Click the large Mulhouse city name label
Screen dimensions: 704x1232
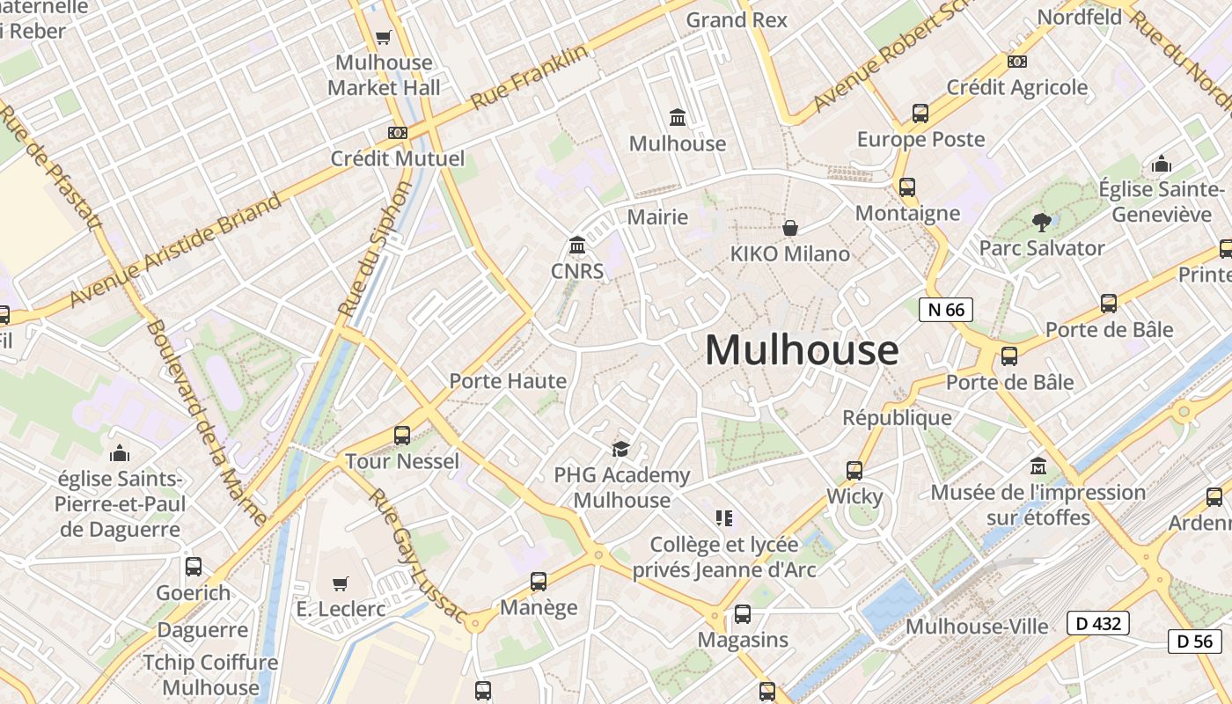coord(802,349)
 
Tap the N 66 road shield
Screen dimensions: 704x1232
coord(946,309)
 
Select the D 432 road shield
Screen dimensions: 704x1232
coord(1097,623)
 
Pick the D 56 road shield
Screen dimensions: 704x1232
coord(1195,641)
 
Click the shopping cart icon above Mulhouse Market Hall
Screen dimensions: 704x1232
coord(383,37)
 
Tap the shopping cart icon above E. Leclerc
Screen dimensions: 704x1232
coord(341,583)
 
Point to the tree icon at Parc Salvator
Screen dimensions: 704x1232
coord(1042,222)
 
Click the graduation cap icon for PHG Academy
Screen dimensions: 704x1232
coord(621,449)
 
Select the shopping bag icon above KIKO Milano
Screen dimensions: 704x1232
coord(790,228)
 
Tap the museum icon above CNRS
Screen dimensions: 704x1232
coord(577,245)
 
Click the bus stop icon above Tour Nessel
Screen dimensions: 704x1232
coord(402,435)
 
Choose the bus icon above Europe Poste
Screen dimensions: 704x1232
coord(920,113)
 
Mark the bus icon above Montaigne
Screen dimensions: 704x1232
coord(907,187)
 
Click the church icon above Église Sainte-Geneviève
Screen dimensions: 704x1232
coord(1162,164)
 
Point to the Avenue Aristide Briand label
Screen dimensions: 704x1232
coord(176,249)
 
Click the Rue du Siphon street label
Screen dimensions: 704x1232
coord(375,249)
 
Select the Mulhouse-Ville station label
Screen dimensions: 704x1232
coord(977,627)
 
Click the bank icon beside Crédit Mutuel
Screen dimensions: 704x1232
coord(398,132)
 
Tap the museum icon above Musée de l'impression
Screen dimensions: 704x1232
coord(1038,465)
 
